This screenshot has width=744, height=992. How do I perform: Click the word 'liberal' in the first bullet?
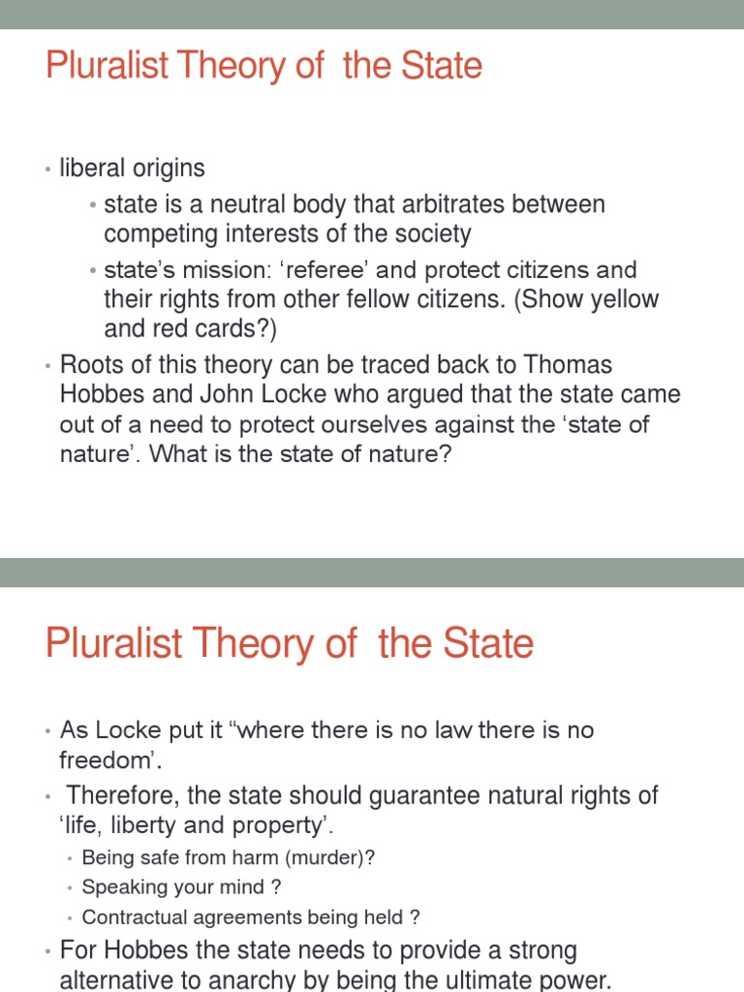click(92, 169)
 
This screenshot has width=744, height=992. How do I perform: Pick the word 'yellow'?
click(620, 298)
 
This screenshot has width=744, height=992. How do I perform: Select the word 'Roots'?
click(94, 365)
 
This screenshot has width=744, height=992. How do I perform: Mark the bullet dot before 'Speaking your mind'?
click(70, 888)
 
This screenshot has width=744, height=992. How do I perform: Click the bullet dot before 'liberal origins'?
click(47, 170)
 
